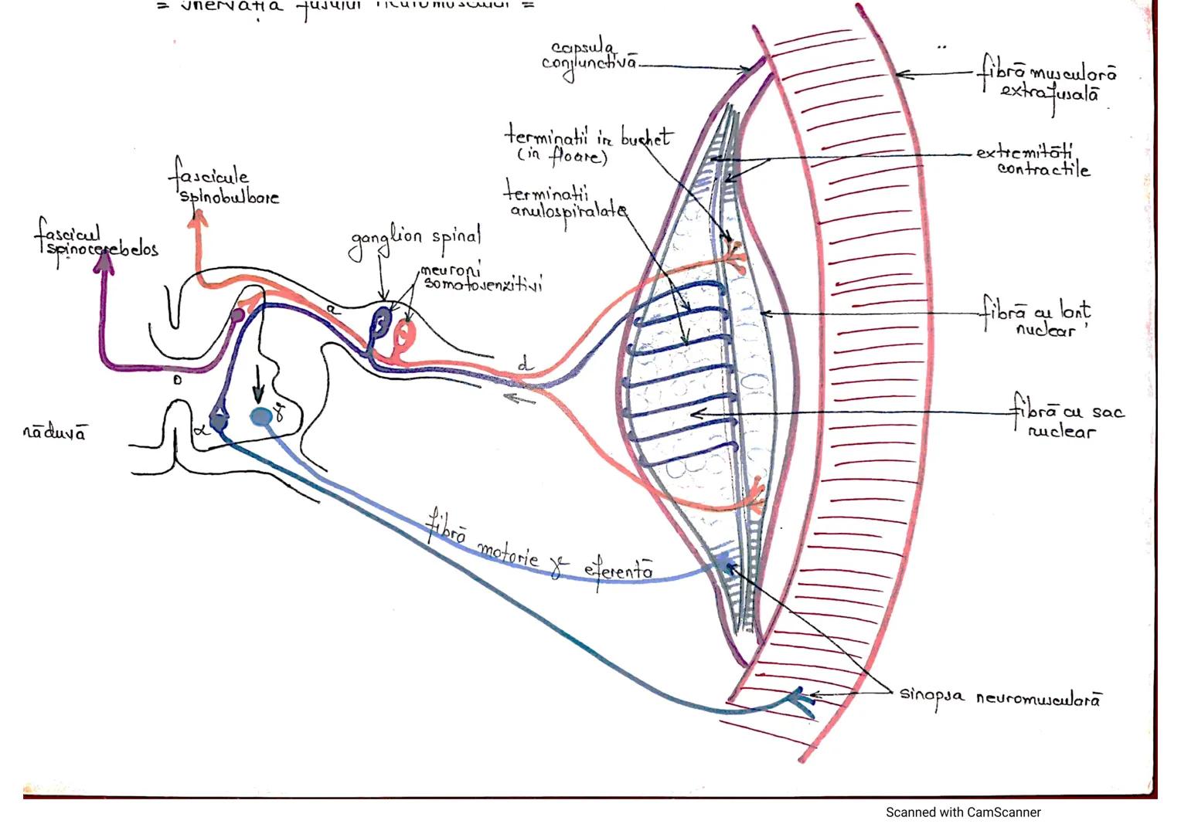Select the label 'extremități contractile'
pyautogui.click(x=1034, y=160)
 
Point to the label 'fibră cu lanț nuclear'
pyautogui.click(x=1037, y=319)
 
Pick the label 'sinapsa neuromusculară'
pyautogui.click(x=1000, y=697)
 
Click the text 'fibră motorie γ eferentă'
pyautogui.click(x=539, y=550)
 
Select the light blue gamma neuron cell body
pyautogui.click(x=261, y=418)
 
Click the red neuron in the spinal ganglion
pyautogui.click(x=403, y=334)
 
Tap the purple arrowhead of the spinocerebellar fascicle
pyautogui.click(x=104, y=264)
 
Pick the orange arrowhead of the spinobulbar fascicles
pyautogui.click(x=198, y=219)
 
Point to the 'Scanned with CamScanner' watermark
pyautogui.click(x=962, y=812)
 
